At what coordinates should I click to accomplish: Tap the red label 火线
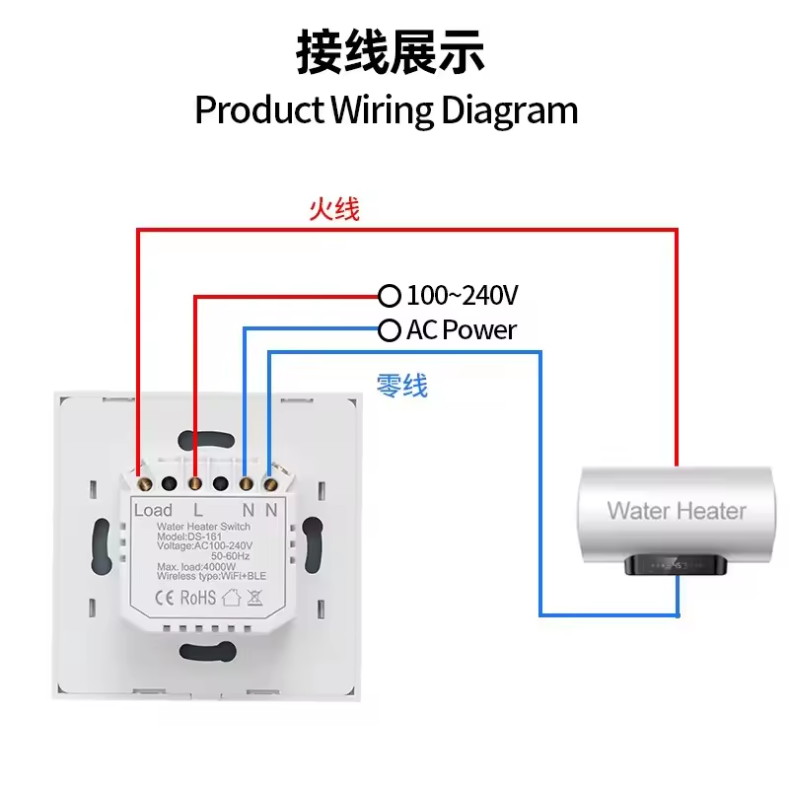(334, 209)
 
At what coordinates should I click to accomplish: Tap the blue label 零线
(402, 386)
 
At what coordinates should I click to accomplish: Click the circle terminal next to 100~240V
(391, 295)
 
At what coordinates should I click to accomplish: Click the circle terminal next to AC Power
(391, 329)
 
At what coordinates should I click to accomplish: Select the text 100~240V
(463, 295)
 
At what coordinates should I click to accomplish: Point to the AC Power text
(461, 329)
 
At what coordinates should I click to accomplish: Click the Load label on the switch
(153, 510)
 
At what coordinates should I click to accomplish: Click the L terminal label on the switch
(198, 510)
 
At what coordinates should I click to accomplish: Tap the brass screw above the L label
(195, 483)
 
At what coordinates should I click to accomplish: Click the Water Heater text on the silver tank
(677, 510)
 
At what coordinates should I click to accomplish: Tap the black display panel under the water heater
(677, 566)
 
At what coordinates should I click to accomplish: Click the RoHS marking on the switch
(197, 597)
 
